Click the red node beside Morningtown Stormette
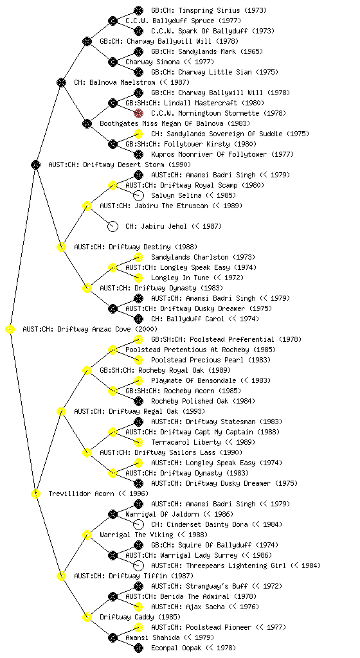pyautogui.click(x=138, y=113)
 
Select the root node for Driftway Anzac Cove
pyautogui.click(x=10, y=330)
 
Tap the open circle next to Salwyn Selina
pyautogui.click(x=138, y=195)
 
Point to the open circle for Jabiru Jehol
pyautogui.click(x=113, y=227)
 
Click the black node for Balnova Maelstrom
pyautogui.click(x=61, y=82)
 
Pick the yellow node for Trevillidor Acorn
pyautogui.click(x=35, y=494)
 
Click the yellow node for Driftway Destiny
pyautogui.click(x=61, y=247)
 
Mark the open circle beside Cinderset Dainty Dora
pyautogui.click(x=138, y=524)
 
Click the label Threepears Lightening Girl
pyautogui.click(x=230, y=565)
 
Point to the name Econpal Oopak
pyautogui.click(x=175, y=648)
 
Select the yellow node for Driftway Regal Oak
pyautogui.click(x=61, y=412)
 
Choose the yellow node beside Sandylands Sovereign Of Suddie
pyautogui.click(x=138, y=134)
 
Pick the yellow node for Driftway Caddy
pyautogui.click(x=87, y=618)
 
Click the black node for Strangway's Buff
pyautogui.click(x=138, y=586)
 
